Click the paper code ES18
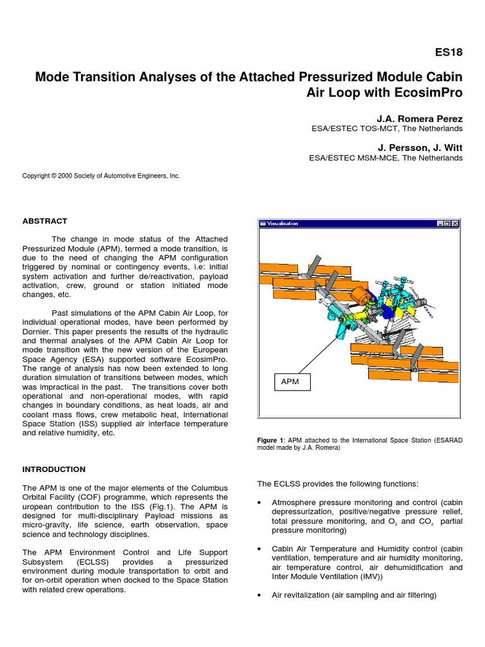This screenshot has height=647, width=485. point(449,52)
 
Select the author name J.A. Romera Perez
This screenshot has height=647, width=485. point(419,118)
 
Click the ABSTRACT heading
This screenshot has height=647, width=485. point(45,221)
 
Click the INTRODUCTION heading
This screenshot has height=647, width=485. point(54,469)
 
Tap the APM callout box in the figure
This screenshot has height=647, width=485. point(292,382)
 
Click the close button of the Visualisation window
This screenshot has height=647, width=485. point(455,224)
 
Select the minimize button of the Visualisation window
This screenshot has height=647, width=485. point(440,224)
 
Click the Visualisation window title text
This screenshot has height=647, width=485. point(282,224)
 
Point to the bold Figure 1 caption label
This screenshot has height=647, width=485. point(271,440)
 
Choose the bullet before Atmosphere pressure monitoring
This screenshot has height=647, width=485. point(260,503)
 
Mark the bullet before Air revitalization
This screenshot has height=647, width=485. point(260,595)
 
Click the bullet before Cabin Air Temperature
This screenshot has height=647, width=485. point(260,549)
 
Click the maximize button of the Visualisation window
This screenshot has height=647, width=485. point(447,224)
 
